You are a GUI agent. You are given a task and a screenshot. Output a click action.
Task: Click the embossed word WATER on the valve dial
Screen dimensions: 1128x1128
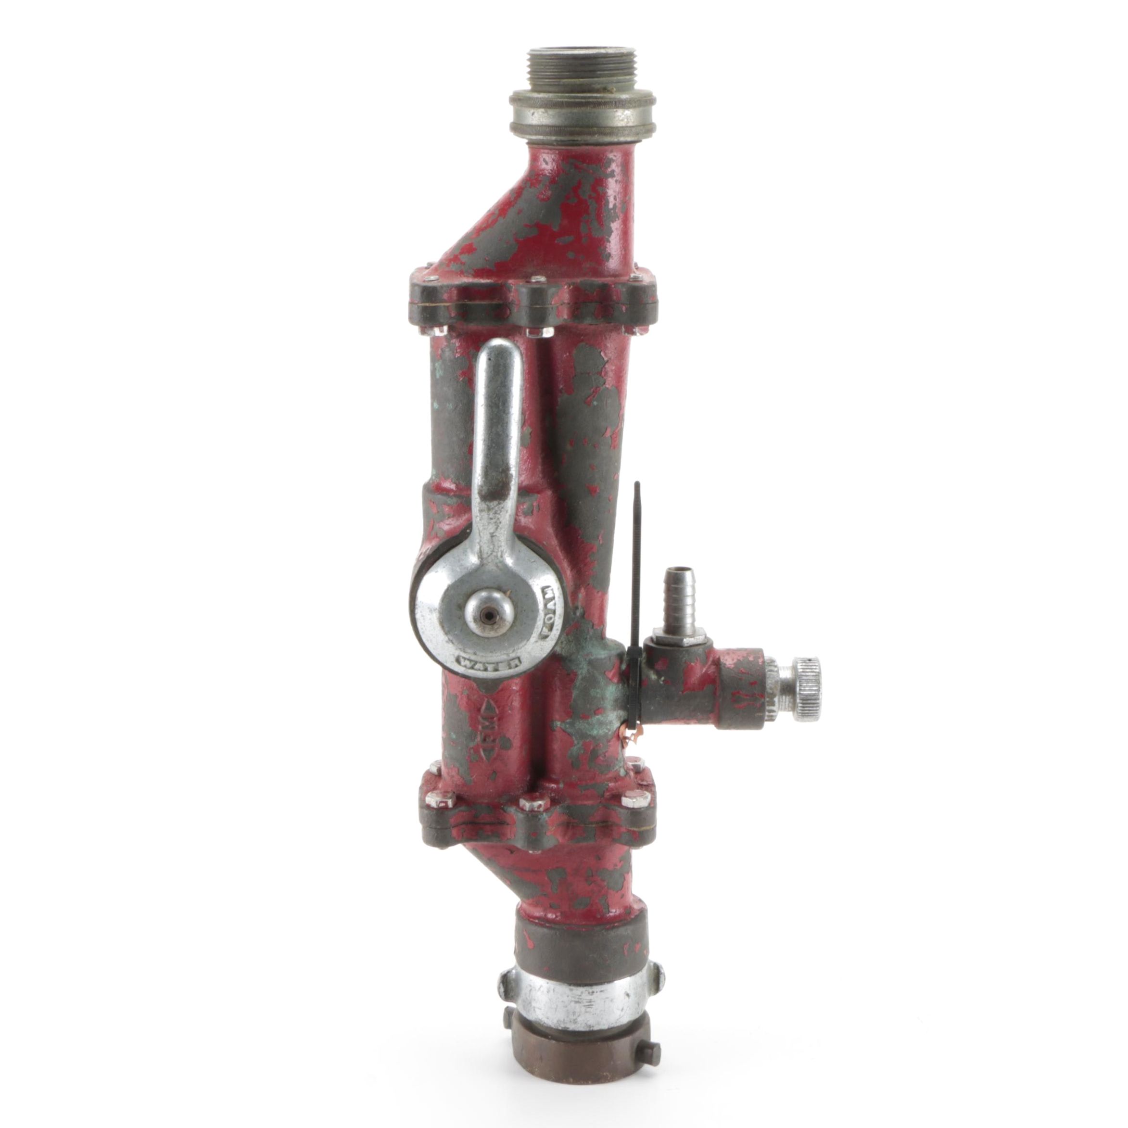[489, 663]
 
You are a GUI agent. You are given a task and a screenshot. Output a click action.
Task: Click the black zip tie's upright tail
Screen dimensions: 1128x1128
[637, 525]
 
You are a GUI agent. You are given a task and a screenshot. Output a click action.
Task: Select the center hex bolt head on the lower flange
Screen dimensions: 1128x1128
[534, 804]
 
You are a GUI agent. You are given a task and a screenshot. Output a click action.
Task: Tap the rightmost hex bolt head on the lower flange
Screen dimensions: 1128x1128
[636, 798]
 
